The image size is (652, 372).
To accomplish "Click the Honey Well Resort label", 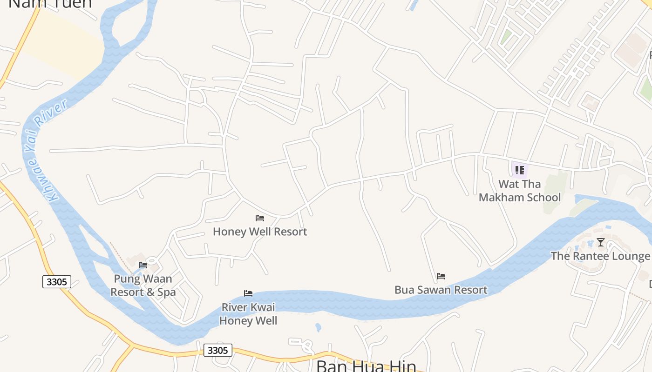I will coord(260,232).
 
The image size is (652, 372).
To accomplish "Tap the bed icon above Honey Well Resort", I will coord(260,218).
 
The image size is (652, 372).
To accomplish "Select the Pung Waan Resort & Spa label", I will coord(143,286).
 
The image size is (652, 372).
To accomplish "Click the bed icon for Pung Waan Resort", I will coord(143,265).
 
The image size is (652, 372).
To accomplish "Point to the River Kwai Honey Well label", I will coord(248,314).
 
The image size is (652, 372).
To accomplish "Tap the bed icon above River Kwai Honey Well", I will coord(248,293).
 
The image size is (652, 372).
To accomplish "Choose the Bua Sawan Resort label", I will coord(441,290).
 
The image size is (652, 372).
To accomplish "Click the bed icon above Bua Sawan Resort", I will coord(441,276).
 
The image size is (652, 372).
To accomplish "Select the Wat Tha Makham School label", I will coord(519,191).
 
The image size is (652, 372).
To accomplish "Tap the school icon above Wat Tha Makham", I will coord(519,170).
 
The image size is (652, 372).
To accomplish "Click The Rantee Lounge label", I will coord(600,256).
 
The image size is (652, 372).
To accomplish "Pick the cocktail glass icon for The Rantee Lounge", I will coord(601,242).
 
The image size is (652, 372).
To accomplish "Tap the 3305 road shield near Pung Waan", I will coord(57,281).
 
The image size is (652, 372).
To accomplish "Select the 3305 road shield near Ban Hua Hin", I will coord(217,350).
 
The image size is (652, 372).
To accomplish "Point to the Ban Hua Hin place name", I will coord(366,365).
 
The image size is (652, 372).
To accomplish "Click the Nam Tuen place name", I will coord(50,4).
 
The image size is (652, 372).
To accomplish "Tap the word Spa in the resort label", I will coord(166,292).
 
